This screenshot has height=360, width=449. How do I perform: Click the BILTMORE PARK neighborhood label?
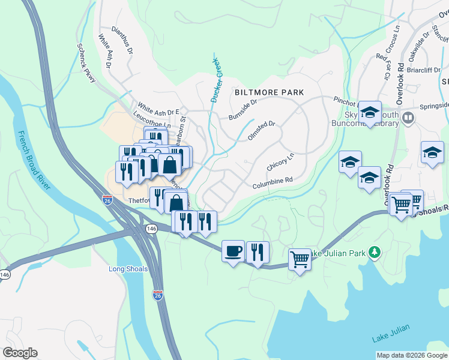pyautogui.click(x=269, y=93)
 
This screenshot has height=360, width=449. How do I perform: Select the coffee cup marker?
pyautogui.click(x=233, y=251)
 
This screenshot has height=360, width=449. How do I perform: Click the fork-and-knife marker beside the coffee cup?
pyautogui.click(x=258, y=252)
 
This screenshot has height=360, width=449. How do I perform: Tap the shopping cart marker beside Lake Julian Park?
pyautogui.click(x=300, y=259)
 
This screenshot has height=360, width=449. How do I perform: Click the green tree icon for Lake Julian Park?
pyautogui.click(x=375, y=251)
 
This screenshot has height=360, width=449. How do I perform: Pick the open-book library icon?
pyautogui.click(x=409, y=117)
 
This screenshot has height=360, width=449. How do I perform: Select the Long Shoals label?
pyautogui.click(x=128, y=269)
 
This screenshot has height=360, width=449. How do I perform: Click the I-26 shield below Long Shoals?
pyautogui.click(x=157, y=295)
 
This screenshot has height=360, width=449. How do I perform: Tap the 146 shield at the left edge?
pyautogui.click(x=5, y=274)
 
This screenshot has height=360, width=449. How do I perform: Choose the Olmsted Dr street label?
pyautogui.click(x=261, y=131)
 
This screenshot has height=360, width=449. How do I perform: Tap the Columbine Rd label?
pyautogui.click(x=272, y=180)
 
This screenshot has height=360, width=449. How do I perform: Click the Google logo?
pyautogui.click(x=20, y=352)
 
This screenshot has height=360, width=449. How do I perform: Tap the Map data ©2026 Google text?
pyautogui.click(x=411, y=355)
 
